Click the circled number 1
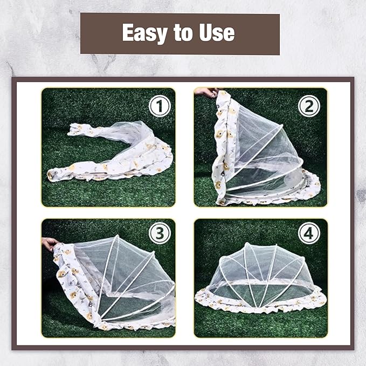pyautogui.click(x=160, y=106)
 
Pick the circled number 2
pyautogui.click(x=309, y=106)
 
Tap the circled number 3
pyautogui.click(x=160, y=233)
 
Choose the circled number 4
pyautogui.click(x=309, y=233)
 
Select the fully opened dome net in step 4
pyautogui.click(x=260, y=280)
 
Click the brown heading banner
pyautogui.click(x=179, y=34)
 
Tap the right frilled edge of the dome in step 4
pyautogui.click(x=318, y=296)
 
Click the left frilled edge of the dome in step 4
pyautogui.click(x=202, y=296)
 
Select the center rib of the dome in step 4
pyautogui.click(x=260, y=275)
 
